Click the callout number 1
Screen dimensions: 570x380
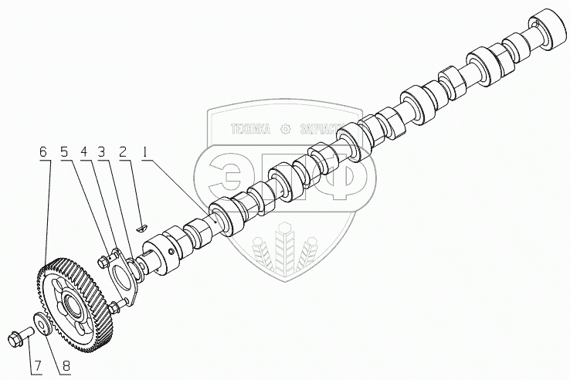tap(144, 153)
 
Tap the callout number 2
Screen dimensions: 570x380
tap(122, 153)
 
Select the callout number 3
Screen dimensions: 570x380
tap(101, 153)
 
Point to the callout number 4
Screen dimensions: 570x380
tap(83, 153)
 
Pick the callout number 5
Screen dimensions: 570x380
tap(65, 153)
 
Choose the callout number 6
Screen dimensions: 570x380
tap(44, 153)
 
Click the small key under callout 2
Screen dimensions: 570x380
tap(141, 227)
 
